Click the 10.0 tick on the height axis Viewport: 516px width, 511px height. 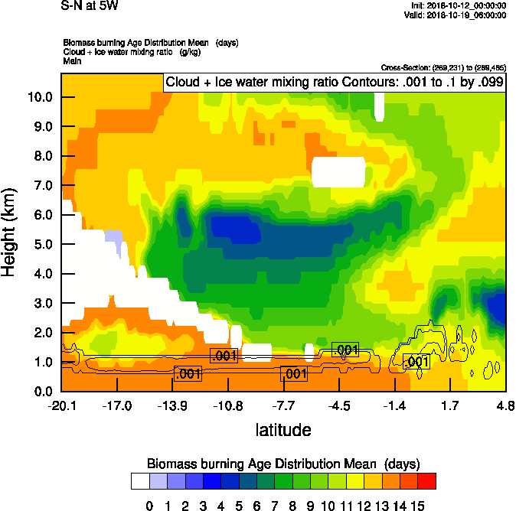[x=41, y=97]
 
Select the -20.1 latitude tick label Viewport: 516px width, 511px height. [x=62, y=405]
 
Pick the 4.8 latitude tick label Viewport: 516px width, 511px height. [x=505, y=405]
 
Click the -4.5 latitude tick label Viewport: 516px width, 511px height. [x=340, y=405]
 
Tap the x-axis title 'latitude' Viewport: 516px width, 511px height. [x=283, y=430]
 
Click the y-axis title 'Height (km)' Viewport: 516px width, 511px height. [x=10, y=233]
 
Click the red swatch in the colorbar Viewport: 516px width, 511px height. [x=427, y=480]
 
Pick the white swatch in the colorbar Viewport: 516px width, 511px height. [x=139, y=480]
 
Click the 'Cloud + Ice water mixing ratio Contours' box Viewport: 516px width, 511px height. [x=334, y=83]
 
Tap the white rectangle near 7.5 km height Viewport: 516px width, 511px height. [x=339, y=171]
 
